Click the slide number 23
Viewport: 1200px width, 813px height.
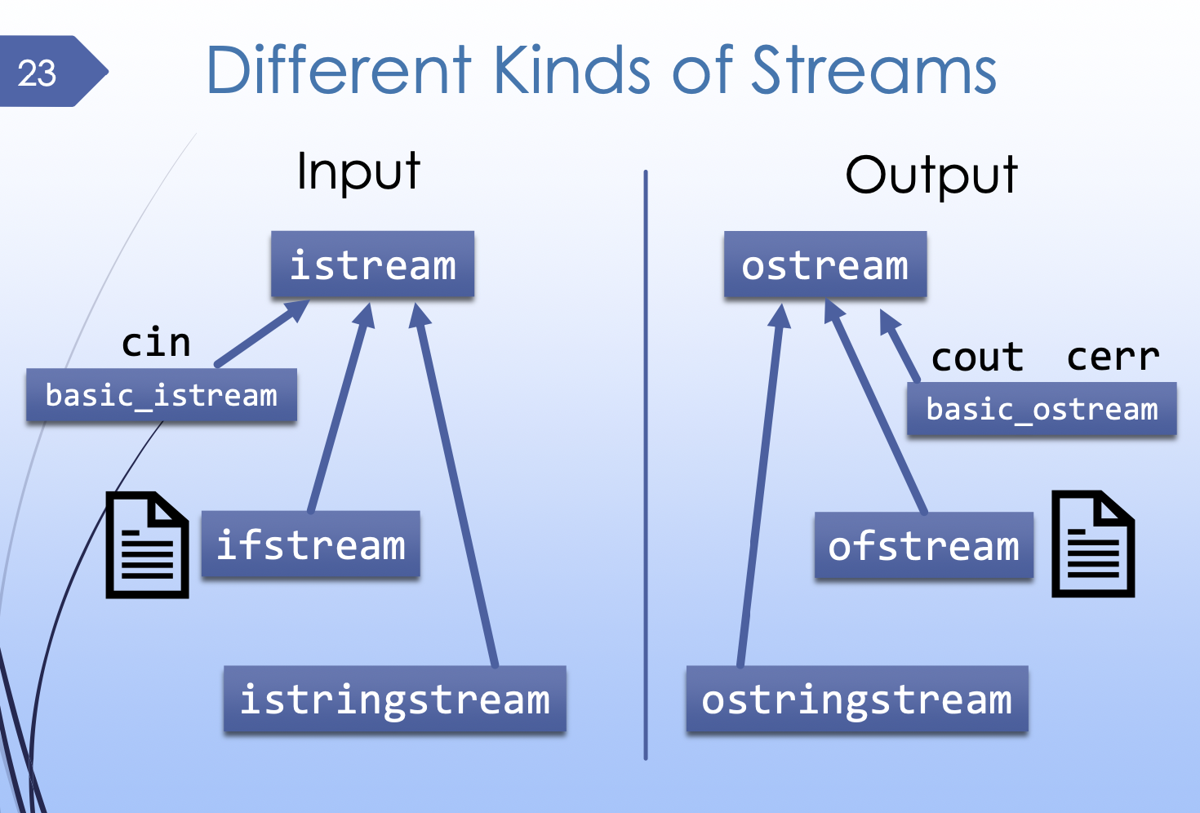pyautogui.click(x=38, y=73)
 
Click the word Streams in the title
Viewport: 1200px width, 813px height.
pyautogui.click(x=873, y=71)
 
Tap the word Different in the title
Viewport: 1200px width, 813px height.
pyautogui.click(x=339, y=71)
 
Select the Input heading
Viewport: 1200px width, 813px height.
pyautogui.click(x=358, y=172)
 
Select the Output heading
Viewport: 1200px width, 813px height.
pyautogui.click(x=931, y=175)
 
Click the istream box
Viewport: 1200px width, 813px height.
pyautogui.click(x=373, y=265)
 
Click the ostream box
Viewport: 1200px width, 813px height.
pyautogui.click(x=824, y=265)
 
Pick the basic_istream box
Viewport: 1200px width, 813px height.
pyautogui.click(x=161, y=396)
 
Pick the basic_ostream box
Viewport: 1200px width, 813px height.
pyautogui.click(x=1042, y=410)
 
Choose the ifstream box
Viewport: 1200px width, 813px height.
pyautogui.click(x=310, y=545)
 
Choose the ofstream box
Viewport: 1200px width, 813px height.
pyautogui.click(x=923, y=546)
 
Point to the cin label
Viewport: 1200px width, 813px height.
pyautogui.click(x=156, y=343)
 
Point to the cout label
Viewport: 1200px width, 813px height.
pyautogui.click(x=977, y=358)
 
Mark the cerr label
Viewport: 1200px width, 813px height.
pyautogui.click(x=1113, y=358)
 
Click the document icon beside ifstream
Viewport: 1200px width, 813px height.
pyautogui.click(x=148, y=545)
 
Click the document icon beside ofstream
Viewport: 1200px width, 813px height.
pyautogui.click(x=1092, y=544)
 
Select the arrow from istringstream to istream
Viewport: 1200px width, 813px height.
pyautogui.click(x=457, y=490)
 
